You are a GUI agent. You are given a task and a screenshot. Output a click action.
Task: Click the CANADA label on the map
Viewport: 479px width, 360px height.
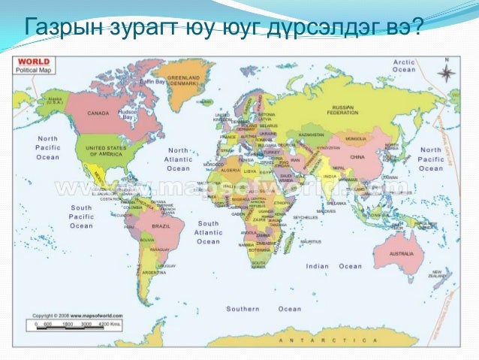coord(98,113)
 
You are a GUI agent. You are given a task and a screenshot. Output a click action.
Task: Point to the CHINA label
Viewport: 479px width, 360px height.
coord(357,157)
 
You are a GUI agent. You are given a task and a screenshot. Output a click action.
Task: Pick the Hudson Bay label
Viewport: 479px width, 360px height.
coord(126,114)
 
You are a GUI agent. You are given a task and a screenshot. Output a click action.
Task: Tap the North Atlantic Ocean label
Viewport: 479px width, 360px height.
coord(179,159)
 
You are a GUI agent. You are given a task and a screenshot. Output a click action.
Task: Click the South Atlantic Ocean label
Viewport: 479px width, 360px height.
coord(209,231)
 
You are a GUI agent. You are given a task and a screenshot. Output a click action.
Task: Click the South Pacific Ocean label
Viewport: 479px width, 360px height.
coord(81,216)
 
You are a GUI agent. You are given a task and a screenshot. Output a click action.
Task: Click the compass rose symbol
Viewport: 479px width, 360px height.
coord(446,73)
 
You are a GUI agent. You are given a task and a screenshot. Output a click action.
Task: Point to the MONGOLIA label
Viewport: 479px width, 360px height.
coord(354,139)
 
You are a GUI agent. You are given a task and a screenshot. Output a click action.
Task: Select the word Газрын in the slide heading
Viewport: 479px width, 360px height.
coord(62,28)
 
